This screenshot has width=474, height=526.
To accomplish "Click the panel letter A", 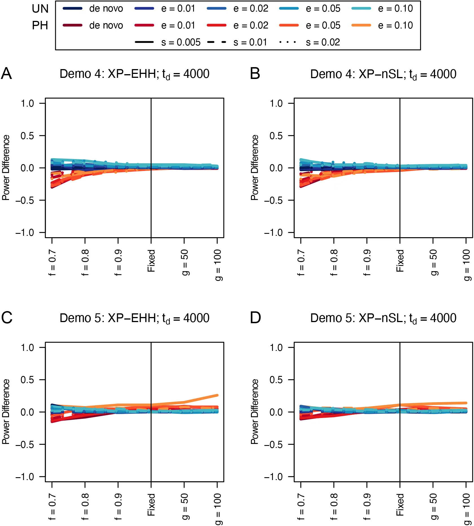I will [x=6, y=74].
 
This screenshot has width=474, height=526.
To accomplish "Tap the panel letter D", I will [x=255, y=318].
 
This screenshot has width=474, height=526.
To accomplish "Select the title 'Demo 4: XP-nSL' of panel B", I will [x=383, y=74].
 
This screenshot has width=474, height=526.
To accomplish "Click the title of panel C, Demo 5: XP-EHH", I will [x=134, y=318].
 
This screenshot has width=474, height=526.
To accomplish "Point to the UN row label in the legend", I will [x=40, y=9].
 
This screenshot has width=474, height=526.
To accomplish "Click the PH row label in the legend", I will [x=40, y=26].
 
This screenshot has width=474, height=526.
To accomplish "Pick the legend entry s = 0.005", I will [x=167, y=42].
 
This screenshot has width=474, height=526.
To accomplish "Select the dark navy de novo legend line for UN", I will [x=72, y=9].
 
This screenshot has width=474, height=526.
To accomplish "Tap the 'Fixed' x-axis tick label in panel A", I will [x=151, y=261].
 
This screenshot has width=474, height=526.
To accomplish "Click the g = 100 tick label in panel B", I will [x=467, y=265].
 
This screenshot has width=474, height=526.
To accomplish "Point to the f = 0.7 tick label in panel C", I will [x=52, y=507].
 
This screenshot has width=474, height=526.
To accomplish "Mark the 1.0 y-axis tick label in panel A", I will [x=27, y=104].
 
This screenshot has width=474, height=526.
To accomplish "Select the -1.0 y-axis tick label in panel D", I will [x=273, y=477].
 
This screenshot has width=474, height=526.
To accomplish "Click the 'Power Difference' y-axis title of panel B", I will [x=255, y=168].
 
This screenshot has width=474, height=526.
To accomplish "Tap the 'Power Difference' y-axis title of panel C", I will [x=6, y=412].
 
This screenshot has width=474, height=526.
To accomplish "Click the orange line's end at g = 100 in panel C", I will [x=217, y=395].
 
